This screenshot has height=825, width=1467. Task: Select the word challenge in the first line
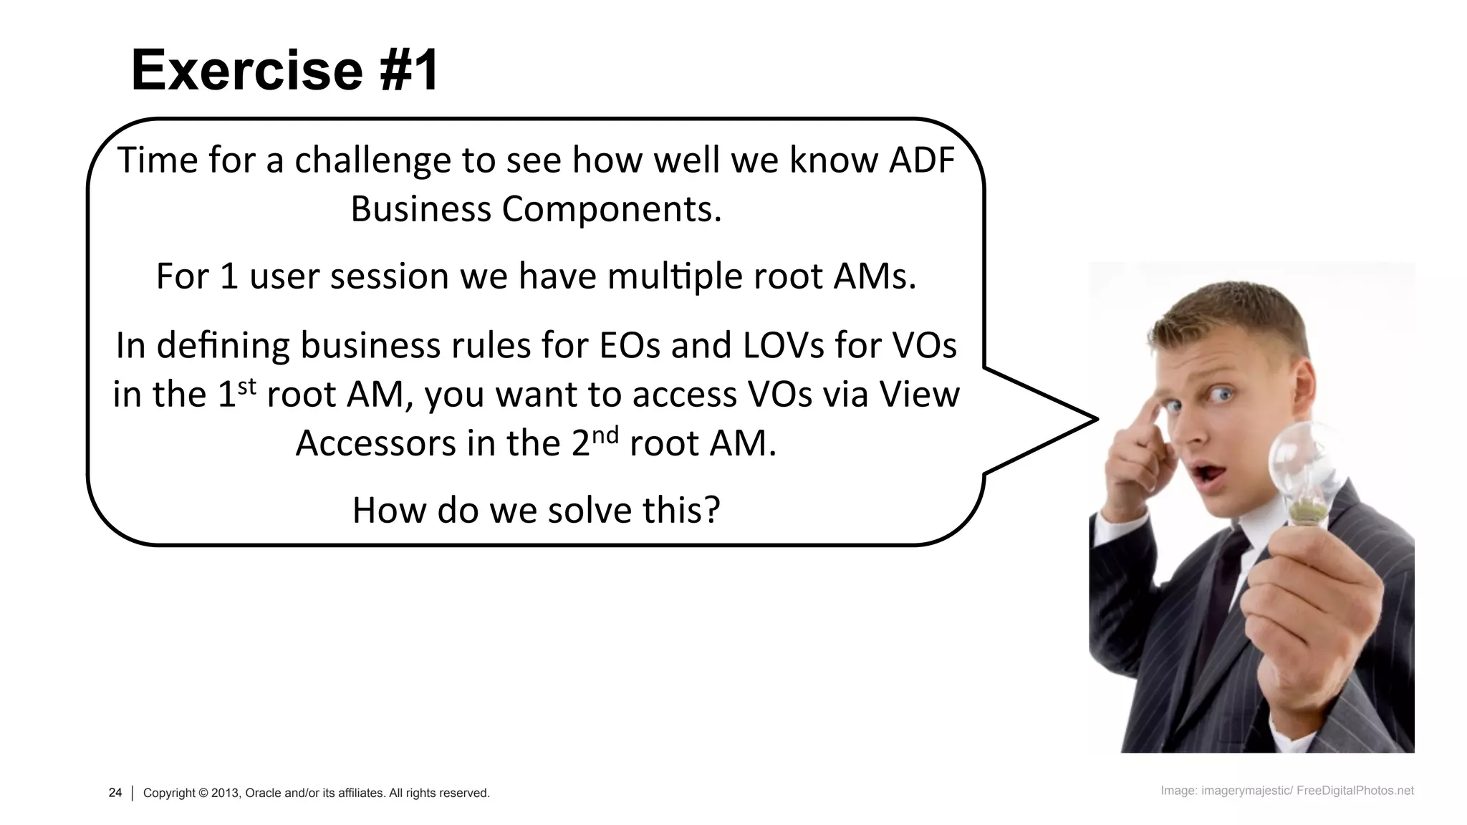[372, 161]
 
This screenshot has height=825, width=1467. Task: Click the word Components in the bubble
[610, 210]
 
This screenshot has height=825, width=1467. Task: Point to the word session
[390, 276]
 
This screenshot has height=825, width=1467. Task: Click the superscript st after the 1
[246, 387]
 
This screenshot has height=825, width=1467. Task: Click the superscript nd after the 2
[605, 435]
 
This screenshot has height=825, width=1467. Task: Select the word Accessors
[376, 443]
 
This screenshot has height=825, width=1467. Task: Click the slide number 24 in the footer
[115, 793]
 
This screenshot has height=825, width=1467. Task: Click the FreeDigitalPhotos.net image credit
[1355, 791]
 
